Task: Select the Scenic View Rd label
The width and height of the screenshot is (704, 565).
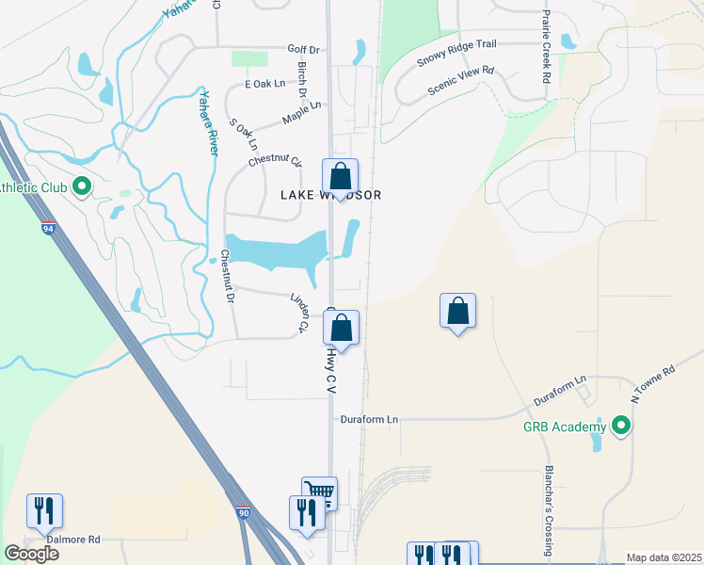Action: click(460, 82)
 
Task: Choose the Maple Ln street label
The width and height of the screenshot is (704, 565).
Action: click(301, 113)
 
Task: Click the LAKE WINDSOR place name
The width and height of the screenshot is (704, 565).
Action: click(330, 195)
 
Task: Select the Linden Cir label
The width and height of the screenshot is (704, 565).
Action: click(298, 313)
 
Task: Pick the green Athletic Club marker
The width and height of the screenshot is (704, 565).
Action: click(81, 186)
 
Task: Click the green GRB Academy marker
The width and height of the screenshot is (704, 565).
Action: click(620, 428)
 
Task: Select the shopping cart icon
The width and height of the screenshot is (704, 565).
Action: click(320, 492)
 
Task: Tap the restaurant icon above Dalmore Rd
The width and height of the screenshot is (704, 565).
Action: click(44, 509)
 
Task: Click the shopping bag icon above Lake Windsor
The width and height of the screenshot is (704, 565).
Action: click(340, 175)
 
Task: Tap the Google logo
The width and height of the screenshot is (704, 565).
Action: click(31, 554)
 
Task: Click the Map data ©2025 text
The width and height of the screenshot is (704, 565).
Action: click(664, 557)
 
